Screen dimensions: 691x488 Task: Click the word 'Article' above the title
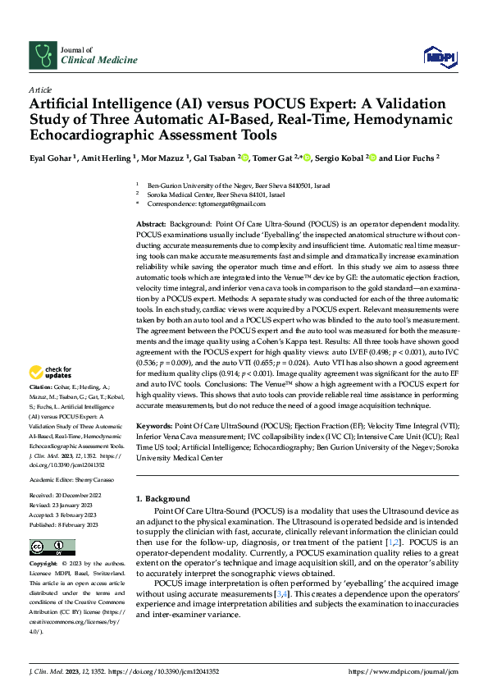[40, 89]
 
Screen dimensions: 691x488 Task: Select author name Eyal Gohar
[51, 158]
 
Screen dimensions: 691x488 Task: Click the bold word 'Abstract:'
[151, 224]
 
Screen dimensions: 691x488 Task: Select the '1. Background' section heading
[162, 499]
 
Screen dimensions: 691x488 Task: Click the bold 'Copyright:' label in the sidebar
[43, 565]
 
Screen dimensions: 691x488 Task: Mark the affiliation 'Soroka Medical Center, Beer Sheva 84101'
[217, 195]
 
